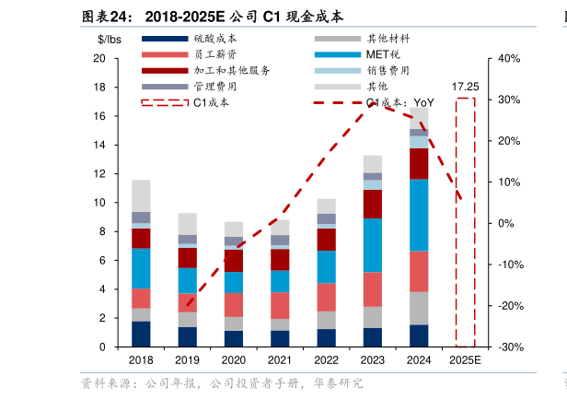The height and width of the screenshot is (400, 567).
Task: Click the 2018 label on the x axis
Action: (141, 360)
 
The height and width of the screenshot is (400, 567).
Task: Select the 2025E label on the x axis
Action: (465, 360)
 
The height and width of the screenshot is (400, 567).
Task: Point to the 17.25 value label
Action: (465, 88)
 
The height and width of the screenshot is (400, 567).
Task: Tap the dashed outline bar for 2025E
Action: (465, 221)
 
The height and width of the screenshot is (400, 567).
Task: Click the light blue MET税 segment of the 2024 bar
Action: (419, 215)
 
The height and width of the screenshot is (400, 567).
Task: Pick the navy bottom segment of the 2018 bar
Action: (141, 334)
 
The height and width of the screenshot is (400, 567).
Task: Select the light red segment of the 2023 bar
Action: (373, 289)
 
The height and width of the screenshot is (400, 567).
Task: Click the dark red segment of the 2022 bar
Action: (327, 240)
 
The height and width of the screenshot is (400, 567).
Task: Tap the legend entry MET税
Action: (383, 54)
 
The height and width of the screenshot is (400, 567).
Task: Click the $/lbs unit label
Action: (110, 39)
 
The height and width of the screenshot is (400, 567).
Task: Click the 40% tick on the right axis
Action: (509, 58)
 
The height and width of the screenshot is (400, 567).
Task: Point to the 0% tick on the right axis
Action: (505, 223)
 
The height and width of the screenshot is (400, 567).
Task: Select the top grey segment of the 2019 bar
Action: (188, 224)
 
